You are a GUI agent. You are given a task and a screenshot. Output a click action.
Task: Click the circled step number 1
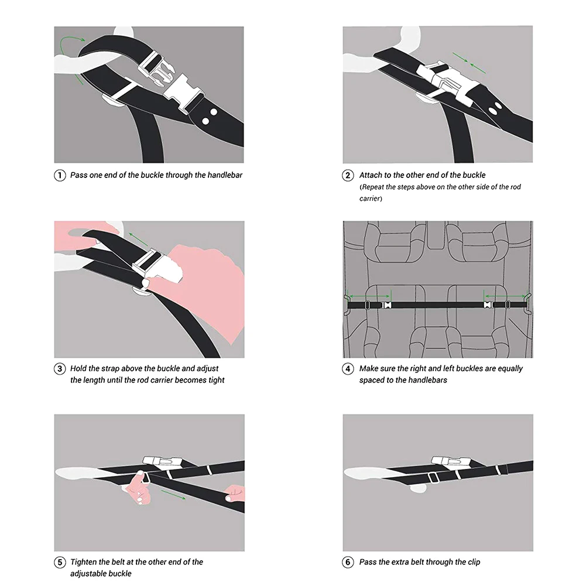[60, 175]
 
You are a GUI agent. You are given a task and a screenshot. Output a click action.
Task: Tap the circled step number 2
[348, 175]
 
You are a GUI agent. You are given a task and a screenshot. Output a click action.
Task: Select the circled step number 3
[60, 369]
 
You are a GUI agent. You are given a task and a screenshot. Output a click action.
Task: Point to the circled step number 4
[348, 369]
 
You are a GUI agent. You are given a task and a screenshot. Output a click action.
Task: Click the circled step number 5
[60, 563]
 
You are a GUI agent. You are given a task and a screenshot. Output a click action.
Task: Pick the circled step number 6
[348, 562]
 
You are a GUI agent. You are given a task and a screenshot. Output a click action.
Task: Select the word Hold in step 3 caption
[78, 368]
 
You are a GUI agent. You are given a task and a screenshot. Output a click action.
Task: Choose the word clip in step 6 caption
[474, 562]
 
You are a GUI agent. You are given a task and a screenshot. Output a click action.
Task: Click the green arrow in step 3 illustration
[138, 239]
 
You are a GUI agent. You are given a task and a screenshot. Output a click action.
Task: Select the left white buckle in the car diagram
[387, 305]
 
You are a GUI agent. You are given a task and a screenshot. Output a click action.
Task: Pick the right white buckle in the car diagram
[488, 305]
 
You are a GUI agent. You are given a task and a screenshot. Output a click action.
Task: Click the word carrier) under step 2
[371, 198]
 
